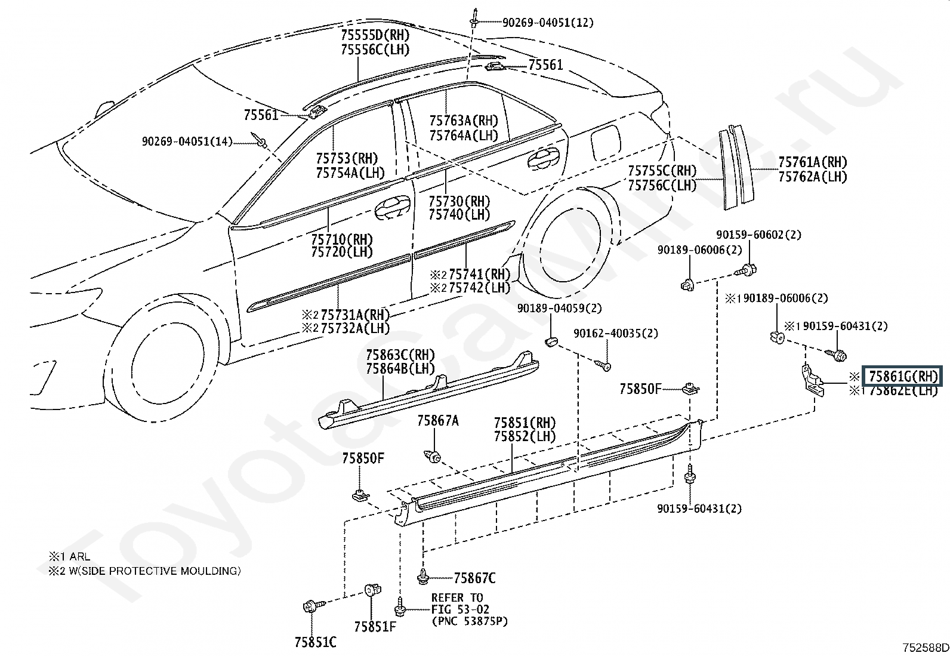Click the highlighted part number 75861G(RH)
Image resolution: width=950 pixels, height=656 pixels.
pyautogui.click(x=903, y=377)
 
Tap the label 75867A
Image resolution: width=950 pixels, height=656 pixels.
pyautogui.click(x=437, y=420)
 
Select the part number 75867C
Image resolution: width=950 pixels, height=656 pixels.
pyautogui.click(x=474, y=578)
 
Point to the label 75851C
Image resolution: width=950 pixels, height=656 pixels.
pyautogui.click(x=316, y=642)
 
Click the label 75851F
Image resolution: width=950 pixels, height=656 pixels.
pyautogui.click(x=375, y=626)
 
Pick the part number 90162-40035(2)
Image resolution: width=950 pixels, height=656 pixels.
pyautogui.click(x=616, y=334)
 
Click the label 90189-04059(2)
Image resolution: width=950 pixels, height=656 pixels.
pyautogui.click(x=559, y=308)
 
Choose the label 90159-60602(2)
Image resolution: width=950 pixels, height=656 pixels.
pyautogui.click(x=758, y=235)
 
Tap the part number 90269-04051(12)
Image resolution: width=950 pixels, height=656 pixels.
pyautogui.click(x=548, y=23)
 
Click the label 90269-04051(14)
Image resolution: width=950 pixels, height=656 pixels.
pyautogui.click(x=187, y=141)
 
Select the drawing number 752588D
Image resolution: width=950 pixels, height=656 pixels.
pyautogui.click(x=926, y=648)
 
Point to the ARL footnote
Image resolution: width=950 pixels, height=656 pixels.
pyautogui.click(x=80, y=556)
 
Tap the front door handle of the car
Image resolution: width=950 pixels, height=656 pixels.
pyautogui.click(x=392, y=208)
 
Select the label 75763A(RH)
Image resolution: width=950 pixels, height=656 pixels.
pyautogui.click(x=464, y=121)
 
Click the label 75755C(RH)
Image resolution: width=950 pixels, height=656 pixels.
pyautogui.click(x=662, y=171)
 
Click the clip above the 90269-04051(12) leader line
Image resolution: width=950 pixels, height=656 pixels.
pyautogui.click(x=474, y=19)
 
